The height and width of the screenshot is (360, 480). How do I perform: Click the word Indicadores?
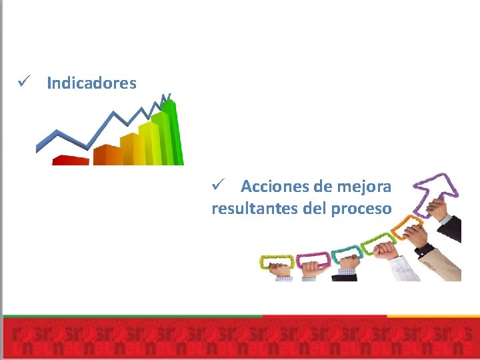point(91,83)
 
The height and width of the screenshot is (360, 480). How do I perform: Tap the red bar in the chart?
point(70,160)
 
